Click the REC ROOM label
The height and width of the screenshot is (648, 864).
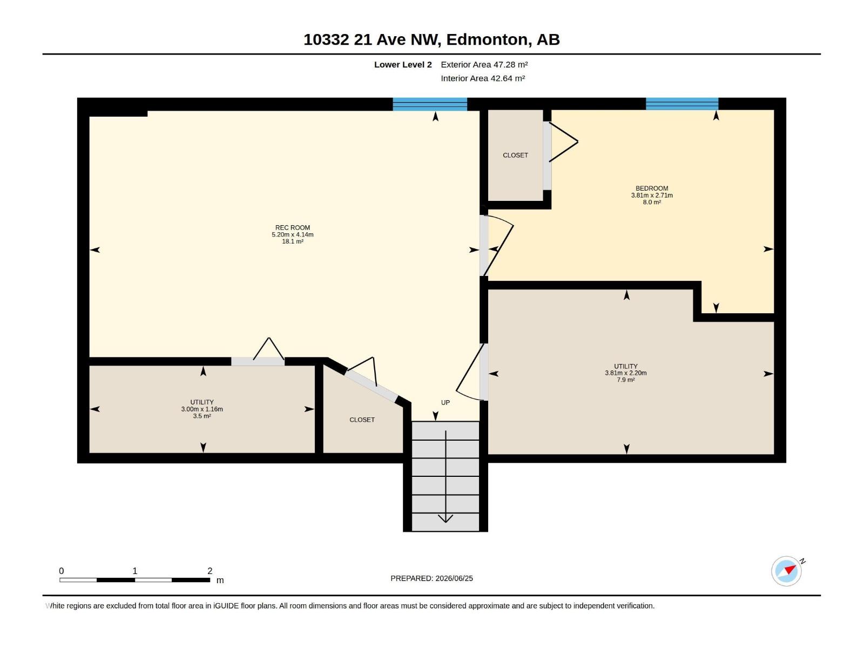click(293, 228)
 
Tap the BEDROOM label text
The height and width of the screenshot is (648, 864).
click(652, 188)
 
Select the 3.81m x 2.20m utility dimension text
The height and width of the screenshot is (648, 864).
click(626, 373)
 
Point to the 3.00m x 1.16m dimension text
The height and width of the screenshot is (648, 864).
click(202, 409)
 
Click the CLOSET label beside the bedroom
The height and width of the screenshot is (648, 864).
click(515, 156)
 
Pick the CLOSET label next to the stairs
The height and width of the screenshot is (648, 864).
click(362, 420)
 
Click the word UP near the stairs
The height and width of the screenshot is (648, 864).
click(445, 402)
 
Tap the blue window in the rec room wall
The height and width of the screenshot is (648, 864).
click(430, 104)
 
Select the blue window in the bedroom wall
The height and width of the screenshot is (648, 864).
click(682, 104)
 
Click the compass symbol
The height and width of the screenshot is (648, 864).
click(786, 571)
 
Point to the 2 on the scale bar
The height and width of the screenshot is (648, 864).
click(210, 571)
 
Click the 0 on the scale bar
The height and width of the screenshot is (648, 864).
click(62, 571)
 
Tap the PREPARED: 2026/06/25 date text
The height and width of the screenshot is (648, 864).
click(432, 578)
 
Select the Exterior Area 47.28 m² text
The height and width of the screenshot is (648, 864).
click(484, 64)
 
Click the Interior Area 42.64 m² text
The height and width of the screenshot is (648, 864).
click(483, 78)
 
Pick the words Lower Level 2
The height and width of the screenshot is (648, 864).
click(403, 64)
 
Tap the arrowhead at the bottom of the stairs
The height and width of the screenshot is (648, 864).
click(445, 518)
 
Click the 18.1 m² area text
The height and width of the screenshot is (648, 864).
click(293, 241)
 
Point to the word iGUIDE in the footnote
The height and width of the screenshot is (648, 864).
click(226, 606)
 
